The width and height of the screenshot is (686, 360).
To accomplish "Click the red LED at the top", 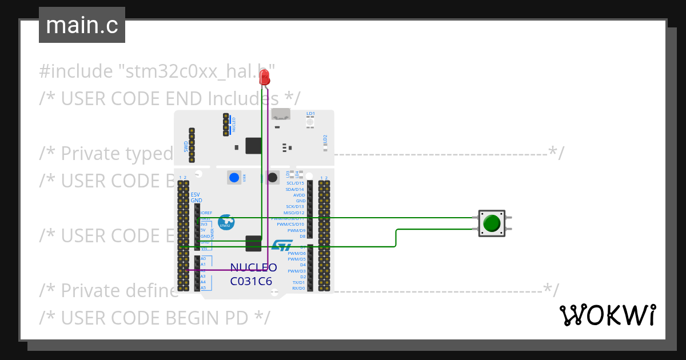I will pyautogui.click(x=264, y=78).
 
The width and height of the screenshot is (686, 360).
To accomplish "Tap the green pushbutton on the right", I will pyautogui.click(x=492, y=223).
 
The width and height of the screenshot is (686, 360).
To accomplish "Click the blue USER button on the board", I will pyautogui.click(x=234, y=178).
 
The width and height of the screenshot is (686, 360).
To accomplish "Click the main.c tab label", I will pyautogui.click(x=82, y=25).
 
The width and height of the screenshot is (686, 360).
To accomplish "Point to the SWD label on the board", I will pyautogui.click(x=186, y=147).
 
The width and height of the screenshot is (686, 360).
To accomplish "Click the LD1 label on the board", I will pyautogui.click(x=310, y=114).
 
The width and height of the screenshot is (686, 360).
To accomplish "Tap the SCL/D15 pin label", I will pyautogui.click(x=295, y=183).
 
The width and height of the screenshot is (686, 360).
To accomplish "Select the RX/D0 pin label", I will pyautogui.click(x=298, y=288).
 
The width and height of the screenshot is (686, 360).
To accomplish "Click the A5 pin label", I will pyautogui.click(x=203, y=288).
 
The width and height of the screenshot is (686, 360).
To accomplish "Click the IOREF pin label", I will pyautogui.click(x=206, y=213).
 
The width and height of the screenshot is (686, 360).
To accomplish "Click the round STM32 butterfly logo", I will pyautogui.click(x=226, y=222).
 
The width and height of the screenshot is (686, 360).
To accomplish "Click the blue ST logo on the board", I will pyautogui.click(x=282, y=245).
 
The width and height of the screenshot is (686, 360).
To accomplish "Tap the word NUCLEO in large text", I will pyautogui.click(x=253, y=267).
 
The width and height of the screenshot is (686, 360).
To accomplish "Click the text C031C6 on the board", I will pyautogui.click(x=251, y=281).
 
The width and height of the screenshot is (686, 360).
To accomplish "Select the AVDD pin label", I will pyautogui.click(x=299, y=195).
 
